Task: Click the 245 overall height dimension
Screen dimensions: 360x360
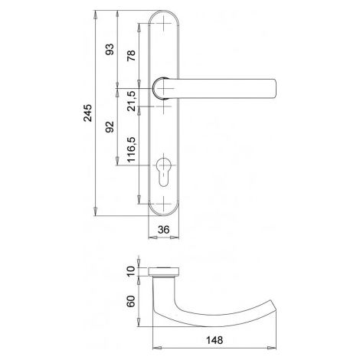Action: [88, 113]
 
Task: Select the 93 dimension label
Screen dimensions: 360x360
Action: [110, 50]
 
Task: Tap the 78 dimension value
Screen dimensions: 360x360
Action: [132, 55]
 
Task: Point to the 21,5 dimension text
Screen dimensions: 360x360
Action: [132, 101]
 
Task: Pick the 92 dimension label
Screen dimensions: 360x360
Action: [110, 126]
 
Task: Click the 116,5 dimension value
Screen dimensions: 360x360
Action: [132, 149]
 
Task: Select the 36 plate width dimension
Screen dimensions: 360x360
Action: [163, 230]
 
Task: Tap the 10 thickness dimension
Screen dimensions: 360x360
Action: [130, 271]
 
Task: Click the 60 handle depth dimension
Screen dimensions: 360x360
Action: [130, 301]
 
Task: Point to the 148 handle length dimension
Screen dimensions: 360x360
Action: [214, 340]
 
